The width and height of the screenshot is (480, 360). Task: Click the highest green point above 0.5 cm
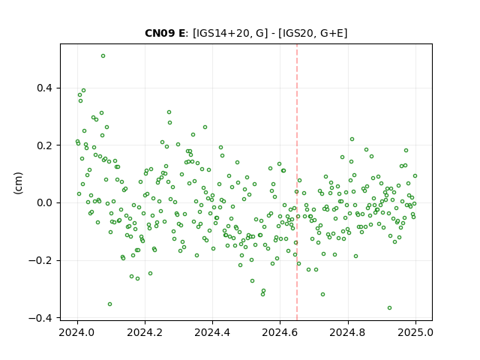103,56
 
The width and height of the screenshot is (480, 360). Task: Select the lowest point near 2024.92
389,308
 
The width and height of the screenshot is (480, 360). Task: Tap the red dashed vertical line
297,182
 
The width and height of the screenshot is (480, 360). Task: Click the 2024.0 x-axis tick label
77,332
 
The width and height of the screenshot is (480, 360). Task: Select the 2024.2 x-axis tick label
145,332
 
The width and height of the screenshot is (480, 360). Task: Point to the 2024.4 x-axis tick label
212,332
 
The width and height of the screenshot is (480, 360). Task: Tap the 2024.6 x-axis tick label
280,332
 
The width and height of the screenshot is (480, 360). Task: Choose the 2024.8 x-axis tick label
347,332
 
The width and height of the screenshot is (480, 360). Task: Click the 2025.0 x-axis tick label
415,332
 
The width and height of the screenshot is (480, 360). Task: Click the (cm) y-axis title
18,183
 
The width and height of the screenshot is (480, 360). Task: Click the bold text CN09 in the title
159,33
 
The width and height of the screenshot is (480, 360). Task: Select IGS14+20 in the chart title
222,33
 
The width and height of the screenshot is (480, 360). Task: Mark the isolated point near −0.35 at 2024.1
109,304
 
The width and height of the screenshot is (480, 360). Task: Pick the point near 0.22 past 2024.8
352,139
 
